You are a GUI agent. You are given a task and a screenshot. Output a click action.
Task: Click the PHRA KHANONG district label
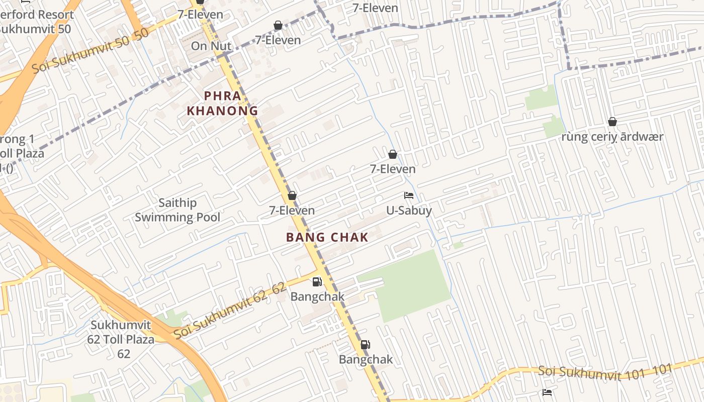[x=222, y=103]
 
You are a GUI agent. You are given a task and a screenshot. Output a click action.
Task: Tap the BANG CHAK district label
[x=327, y=237]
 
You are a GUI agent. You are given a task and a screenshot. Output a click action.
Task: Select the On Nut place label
[x=211, y=46]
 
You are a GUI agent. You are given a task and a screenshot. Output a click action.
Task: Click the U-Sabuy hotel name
[x=409, y=210]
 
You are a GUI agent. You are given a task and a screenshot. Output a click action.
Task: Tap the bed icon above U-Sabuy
[x=409, y=195]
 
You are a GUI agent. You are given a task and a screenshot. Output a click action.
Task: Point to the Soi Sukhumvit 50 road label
[x=91, y=51]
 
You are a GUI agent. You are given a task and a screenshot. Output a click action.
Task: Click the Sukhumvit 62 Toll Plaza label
[x=121, y=339]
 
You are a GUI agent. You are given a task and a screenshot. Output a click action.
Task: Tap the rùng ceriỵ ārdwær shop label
[x=612, y=137]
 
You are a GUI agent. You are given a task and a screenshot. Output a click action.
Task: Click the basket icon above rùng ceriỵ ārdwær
[x=612, y=122]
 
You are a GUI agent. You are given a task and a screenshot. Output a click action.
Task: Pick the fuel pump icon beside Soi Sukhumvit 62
[x=317, y=282]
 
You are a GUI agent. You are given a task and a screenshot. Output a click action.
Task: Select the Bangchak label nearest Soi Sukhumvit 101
[x=366, y=359]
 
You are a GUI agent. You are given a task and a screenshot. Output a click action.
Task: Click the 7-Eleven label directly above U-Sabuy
[x=393, y=169]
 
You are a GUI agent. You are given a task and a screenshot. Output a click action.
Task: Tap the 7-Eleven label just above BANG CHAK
[x=292, y=210]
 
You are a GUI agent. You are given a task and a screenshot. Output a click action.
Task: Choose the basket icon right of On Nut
[x=278, y=25]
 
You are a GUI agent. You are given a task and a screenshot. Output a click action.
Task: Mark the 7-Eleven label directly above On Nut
[x=200, y=14]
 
